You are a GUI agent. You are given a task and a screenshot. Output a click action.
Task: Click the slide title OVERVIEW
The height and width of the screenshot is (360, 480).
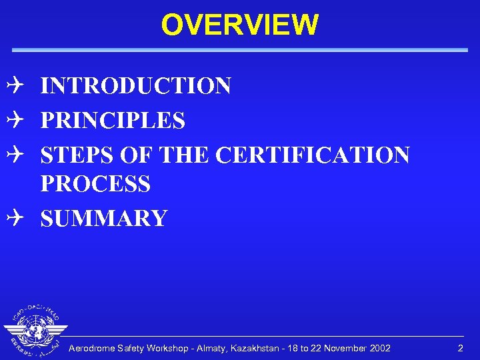[x=239, y=25]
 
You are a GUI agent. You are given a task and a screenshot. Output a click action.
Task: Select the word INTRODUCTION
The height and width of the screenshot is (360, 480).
[x=136, y=86]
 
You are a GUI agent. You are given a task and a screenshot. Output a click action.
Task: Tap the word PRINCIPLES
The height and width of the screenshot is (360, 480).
[x=113, y=121]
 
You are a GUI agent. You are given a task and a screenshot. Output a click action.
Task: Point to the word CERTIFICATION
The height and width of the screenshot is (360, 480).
[x=313, y=155]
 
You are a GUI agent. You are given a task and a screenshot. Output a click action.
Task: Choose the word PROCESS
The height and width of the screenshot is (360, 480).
[x=95, y=183]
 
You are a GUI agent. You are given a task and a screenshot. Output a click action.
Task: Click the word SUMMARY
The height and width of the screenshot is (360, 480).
[x=104, y=218]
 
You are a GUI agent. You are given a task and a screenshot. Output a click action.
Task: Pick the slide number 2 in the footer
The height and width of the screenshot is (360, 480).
[x=459, y=349]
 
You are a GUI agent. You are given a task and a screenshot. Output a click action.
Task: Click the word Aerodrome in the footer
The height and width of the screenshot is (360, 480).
[x=93, y=349]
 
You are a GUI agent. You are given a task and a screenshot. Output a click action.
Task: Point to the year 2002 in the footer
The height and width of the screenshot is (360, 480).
[x=379, y=349]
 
